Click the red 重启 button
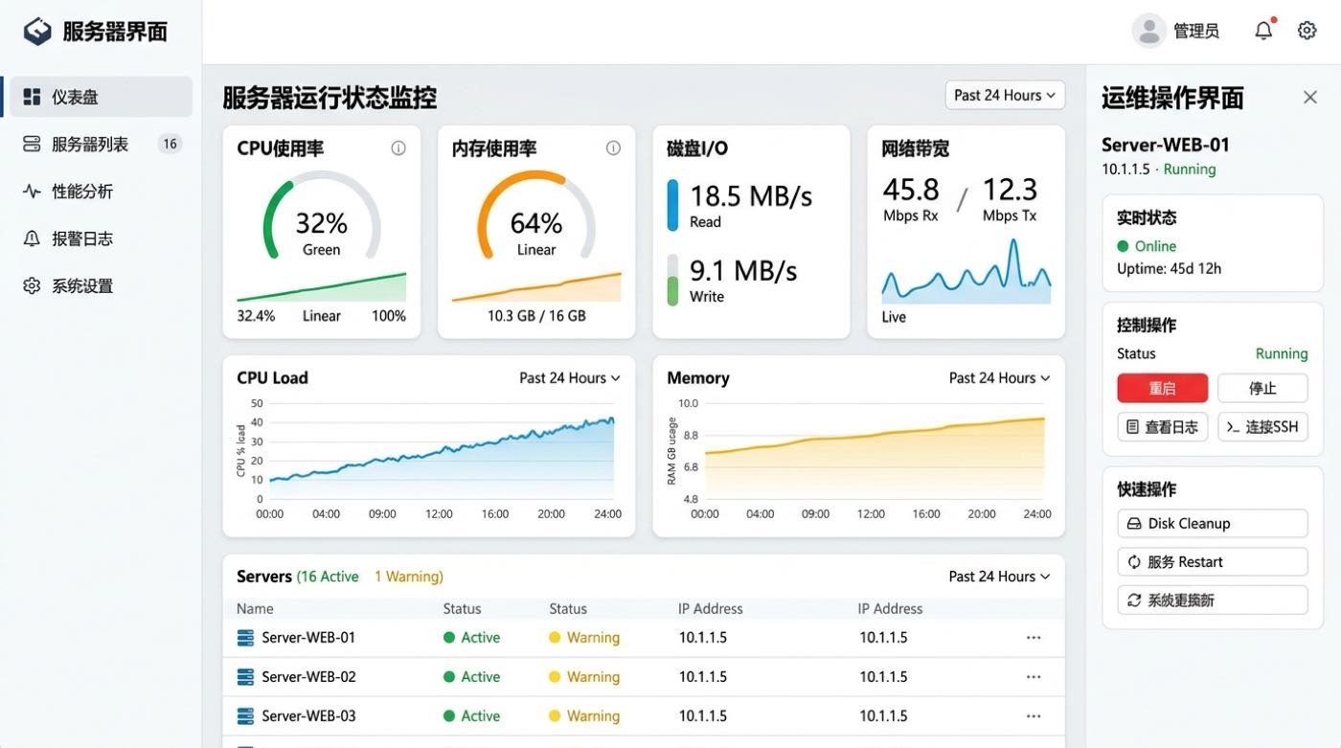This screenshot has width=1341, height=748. tap(1162, 388)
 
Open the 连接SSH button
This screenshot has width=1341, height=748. tap(1262, 426)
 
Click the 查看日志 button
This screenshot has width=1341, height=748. tap(1162, 426)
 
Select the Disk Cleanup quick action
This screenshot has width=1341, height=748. tap(1213, 524)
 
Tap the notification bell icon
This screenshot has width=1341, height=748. tap(1263, 30)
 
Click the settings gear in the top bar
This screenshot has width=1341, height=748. tap(1307, 30)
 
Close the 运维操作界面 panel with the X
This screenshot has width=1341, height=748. tap(1310, 97)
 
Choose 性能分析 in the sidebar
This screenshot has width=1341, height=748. tap(82, 192)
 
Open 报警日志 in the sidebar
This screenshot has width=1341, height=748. tap(82, 238)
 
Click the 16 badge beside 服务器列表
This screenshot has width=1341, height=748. tap(170, 144)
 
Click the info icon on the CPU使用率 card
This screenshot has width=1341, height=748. tap(398, 147)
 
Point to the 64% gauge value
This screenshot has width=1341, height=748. tap(535, 223)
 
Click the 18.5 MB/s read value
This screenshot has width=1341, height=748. tap(751, 195)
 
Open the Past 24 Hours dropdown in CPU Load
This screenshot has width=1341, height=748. tap(569, 378)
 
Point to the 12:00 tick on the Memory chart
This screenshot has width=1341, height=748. tap(871, 514)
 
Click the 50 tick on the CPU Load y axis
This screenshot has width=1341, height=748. tap(257, 403)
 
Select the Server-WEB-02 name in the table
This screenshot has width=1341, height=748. tap(308, 677)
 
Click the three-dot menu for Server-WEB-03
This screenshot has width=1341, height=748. tap(1034, 716)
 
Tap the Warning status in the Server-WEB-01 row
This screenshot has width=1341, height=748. tap(593, 637)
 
